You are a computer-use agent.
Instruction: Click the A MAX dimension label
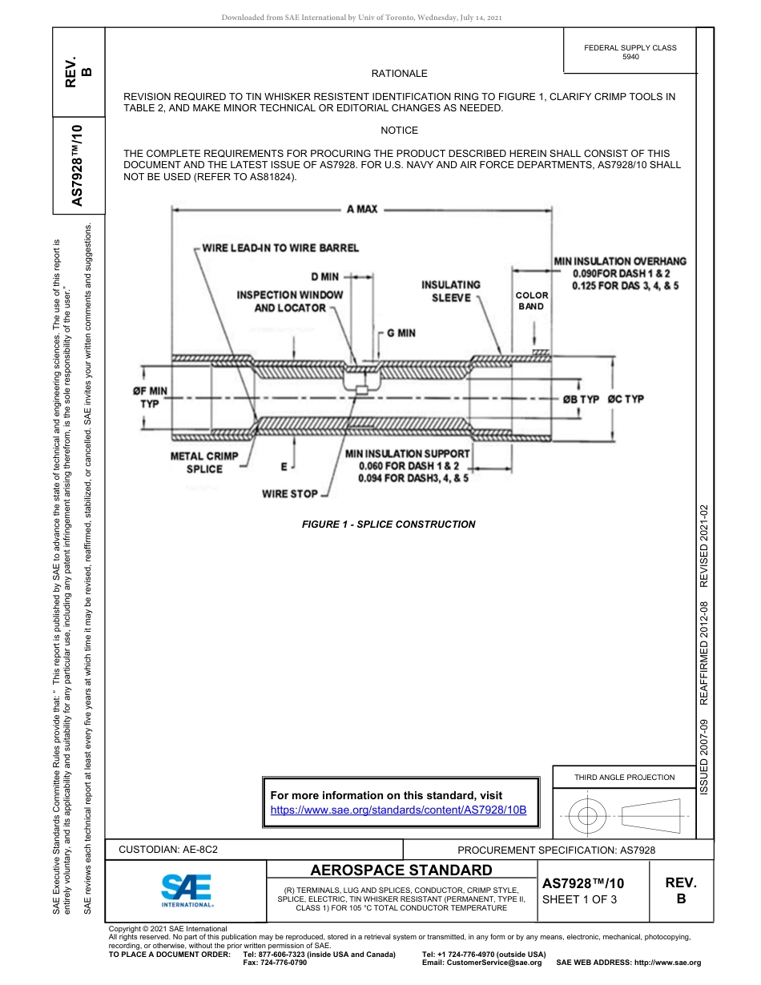pyautogui.click(x=362, y=209)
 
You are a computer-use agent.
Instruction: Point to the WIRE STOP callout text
pyautogui.click(x=289, y=494)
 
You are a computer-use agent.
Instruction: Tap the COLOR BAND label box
pyautogui.click(x=532, y=301)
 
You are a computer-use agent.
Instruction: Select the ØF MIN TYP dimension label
pyautogui.click(x=150, y=397)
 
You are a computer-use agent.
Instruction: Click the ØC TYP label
pyautogui.click(x=626, y=399)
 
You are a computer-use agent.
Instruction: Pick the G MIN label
pyautogui.click(x=401, y=332)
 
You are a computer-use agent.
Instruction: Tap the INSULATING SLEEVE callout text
pyautogui.click(x=451, y=291)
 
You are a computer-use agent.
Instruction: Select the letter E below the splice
pyautogui.click(x=284, y=465)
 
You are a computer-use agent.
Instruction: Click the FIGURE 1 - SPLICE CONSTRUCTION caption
pyautogui.click(x=389, y=525)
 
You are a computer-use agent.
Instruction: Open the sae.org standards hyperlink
pyautogui.click(x=398, y=810)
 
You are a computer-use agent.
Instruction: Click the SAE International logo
pyautogui.click(x=187, y=889)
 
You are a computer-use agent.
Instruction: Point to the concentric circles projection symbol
pyautogui.click(x=587, y=817)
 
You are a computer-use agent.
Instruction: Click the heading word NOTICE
pyautogui.click(x=399, y=131)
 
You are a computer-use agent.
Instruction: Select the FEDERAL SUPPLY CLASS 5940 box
pyautogui.click(x=630, y=52)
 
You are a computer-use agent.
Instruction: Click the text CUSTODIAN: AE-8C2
pyautogui.click(x=168, y=849)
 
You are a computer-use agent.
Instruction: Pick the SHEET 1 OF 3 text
pyautogui.click(x=578, y=899)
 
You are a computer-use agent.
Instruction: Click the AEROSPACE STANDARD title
pyautogui.click(x=401, y=870)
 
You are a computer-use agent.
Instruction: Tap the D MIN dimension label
pyautogui.click(x=325, y=277)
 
